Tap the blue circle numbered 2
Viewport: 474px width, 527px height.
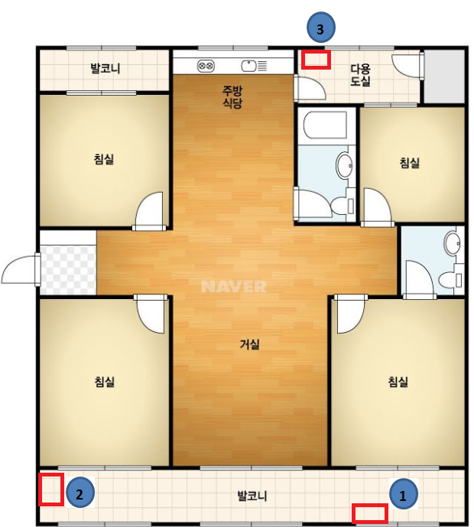coord(80,493)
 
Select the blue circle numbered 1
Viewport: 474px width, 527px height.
coord(404,494)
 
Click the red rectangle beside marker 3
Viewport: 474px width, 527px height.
coord(316,60)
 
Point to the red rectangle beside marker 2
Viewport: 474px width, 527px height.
coord(51,490)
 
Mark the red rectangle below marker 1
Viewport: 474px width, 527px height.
coord(370,513)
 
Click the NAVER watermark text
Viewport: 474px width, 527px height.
coord(234,287)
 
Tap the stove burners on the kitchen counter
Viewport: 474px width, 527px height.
coord(206,66)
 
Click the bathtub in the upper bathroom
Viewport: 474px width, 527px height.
coord(325,125)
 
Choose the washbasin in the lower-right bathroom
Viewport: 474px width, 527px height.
coord(452,243)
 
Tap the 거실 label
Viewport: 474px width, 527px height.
coord(249,344)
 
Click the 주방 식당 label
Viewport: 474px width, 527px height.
coord(232,97)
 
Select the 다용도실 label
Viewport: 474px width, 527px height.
coord(360,75)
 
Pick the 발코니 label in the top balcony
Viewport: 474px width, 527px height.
coord(106,68)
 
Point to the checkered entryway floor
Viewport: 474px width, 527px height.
coord(68,270)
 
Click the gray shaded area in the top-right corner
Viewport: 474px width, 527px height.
coord(444,76)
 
